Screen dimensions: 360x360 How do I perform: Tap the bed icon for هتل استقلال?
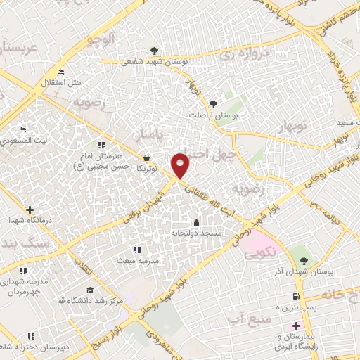click(x=61, y=72)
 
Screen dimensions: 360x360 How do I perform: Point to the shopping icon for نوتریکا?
click(x=146, y=158)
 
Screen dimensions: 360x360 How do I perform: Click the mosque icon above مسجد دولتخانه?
click(x=195, y=223)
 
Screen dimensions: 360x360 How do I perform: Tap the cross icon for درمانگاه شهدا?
click(x=30, y=209)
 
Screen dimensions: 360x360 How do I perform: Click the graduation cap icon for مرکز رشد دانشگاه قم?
click(x=90, y=290)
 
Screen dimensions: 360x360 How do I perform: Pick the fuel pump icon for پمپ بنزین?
click(x=297, y=297)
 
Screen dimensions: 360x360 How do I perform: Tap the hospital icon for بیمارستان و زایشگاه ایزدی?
click(x=296, y=326)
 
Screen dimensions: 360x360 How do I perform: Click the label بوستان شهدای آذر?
click(x=310, y=270)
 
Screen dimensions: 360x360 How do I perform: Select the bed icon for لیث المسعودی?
click(x=23, y=130)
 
